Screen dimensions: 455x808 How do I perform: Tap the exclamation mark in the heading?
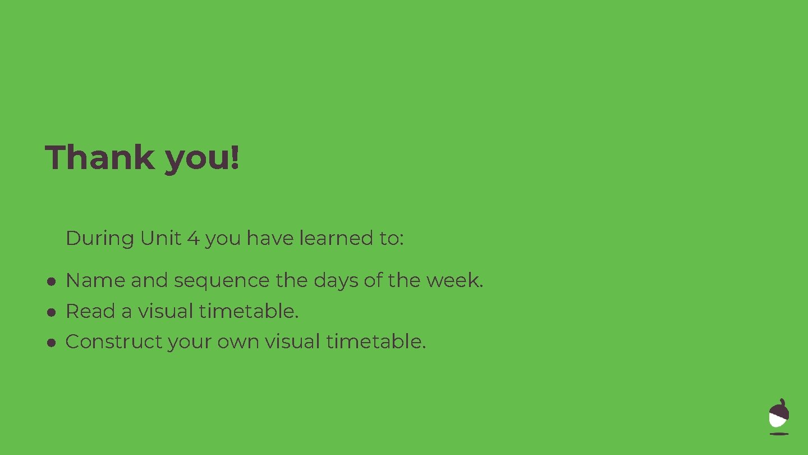235,157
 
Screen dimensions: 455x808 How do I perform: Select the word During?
100,238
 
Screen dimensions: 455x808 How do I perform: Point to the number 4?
193,238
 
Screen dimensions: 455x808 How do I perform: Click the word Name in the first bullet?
95,280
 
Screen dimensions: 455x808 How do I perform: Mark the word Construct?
113,341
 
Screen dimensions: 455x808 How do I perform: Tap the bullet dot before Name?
50,281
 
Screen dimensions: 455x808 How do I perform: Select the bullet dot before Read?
50,312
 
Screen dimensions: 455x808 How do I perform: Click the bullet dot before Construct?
50,342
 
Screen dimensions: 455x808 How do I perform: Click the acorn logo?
779,416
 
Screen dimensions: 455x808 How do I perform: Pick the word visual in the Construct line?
292,341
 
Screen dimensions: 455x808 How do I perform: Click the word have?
270,238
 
